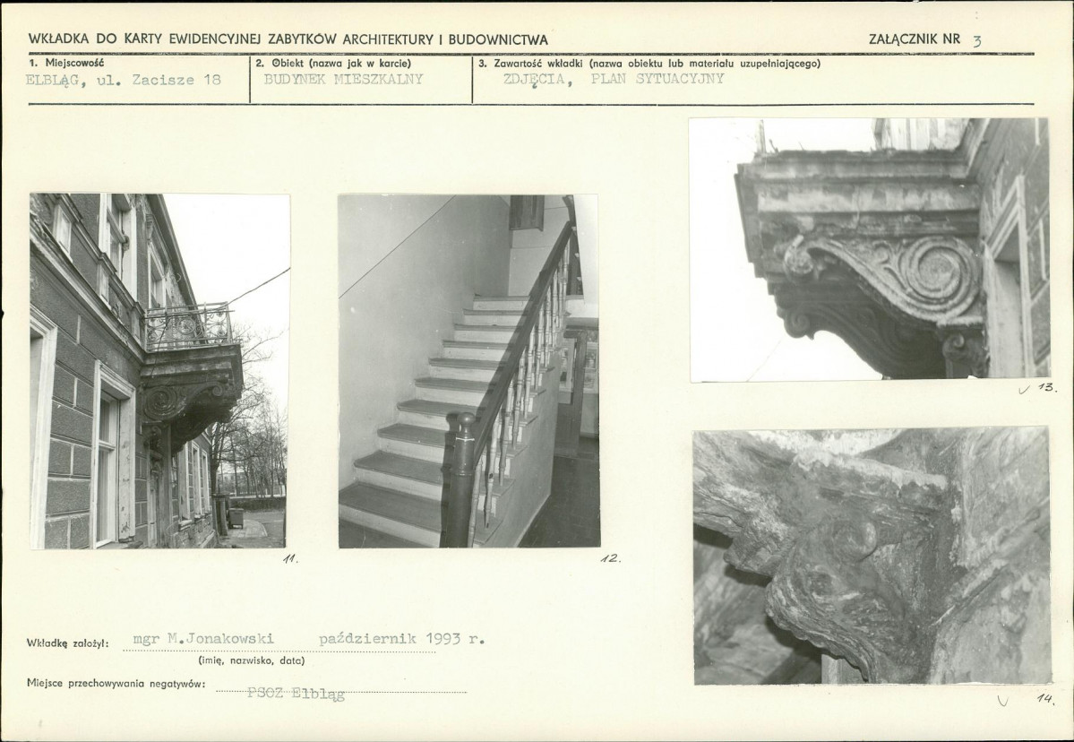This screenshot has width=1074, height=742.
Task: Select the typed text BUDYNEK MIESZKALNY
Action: point(343,79)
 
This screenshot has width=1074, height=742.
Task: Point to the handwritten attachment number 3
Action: point(976,41)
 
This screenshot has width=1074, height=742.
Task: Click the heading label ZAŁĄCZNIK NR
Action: point(915,39)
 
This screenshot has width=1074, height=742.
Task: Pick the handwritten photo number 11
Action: point(290,558)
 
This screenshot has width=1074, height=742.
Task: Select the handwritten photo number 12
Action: point(610,557)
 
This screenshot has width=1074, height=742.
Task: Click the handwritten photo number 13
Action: point(1046,387)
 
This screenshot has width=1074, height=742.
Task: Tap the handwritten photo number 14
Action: point(1045,698)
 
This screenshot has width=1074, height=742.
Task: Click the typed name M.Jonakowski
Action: point(220,639)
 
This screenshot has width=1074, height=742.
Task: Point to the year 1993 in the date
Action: point(443,639)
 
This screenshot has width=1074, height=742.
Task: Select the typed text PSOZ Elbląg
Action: point(296,694)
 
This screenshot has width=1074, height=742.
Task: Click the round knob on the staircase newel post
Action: point(466,418)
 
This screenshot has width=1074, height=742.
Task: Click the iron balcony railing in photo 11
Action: point(187,326)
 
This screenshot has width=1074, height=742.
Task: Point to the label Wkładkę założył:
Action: point(68,643)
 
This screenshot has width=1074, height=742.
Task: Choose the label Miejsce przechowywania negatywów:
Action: point(116,683)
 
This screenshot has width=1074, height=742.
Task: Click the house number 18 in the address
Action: point(212,80)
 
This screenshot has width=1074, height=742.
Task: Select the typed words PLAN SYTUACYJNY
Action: point(657,78)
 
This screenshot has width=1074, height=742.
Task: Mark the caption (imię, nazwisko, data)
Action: point(252,661)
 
